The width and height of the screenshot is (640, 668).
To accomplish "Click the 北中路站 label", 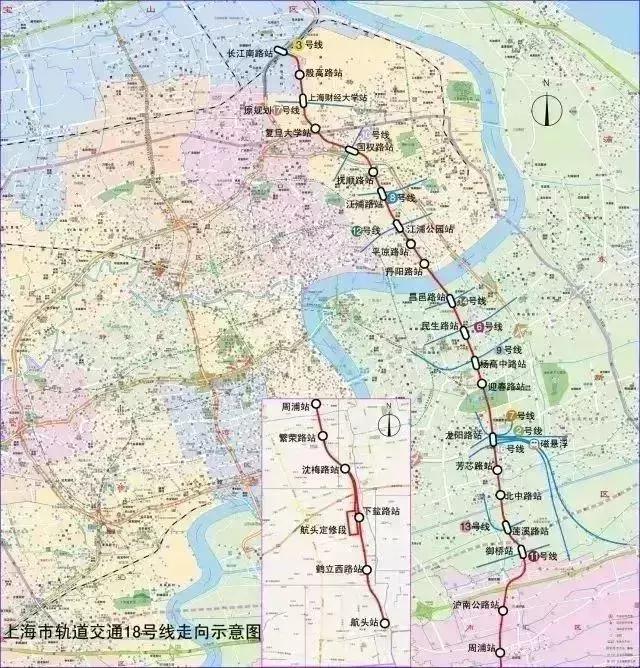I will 524,495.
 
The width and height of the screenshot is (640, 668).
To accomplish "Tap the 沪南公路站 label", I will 475,605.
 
